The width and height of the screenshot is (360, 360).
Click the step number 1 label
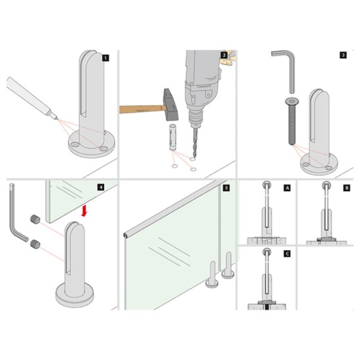coord(105,58)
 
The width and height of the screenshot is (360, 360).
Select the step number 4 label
coord(100,187)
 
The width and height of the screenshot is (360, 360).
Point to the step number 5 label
coord(226,187)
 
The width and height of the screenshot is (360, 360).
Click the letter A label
coord(287,187)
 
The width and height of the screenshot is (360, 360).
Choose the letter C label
coord(287,251)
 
